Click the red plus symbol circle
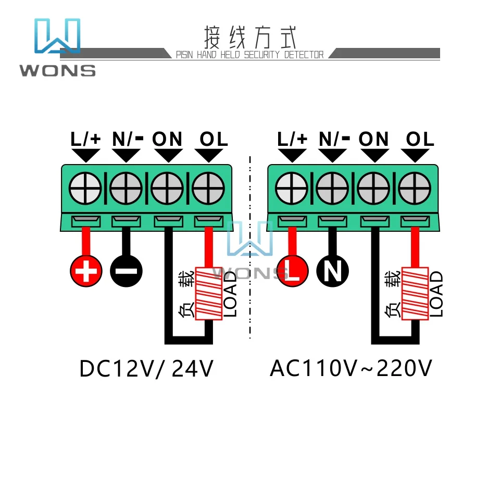click(x=85, y=271)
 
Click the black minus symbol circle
click(x=126, y=271)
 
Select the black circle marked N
click(x=332, y=271)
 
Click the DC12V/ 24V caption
click(x=146, y=369)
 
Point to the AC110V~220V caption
click(x=351, y=369)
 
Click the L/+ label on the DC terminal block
click(x=85, y=139)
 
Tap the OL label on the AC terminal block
click(x=420, y=139)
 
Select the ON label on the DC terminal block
click(x=167, y=139)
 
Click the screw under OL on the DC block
click(x=208, y=187)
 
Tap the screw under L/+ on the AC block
click(x=291, y=187)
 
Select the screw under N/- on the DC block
click(x=126, y=187)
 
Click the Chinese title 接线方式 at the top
click(x=251, y=37)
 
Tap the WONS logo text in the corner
click(x=57, y=70)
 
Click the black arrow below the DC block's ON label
click(x=168, y=155)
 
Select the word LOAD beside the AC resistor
click(x=436, y=294)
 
